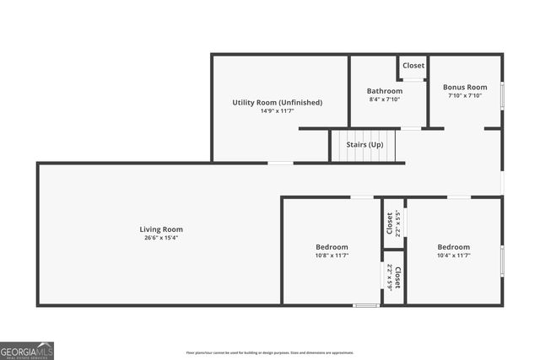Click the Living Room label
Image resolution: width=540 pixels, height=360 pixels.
click(x=161, y=229)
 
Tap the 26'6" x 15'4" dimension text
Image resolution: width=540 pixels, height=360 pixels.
click(x=161, y=238)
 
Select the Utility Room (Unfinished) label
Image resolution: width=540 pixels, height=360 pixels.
click(x=278, y=103)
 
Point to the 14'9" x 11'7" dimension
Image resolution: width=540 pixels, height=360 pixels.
click(x=278, y=111)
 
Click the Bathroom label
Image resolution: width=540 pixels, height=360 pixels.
click(x=384, y=91)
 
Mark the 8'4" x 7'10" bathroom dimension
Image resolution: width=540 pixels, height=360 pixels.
click(x=384, y=99)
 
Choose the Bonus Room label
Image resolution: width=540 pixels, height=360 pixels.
click(x=466, y=87)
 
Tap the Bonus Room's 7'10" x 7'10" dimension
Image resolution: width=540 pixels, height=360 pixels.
click(x=466, y=95)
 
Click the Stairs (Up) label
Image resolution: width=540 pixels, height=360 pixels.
click(x=365, y=145)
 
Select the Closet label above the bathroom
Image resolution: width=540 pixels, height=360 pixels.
click(x=413, y=66)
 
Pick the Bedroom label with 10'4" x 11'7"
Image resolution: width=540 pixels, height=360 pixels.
click(x=454, y=246)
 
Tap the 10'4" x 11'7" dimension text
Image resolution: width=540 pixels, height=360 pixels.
click(x=454, y=255)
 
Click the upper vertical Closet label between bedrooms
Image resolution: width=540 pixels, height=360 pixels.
click(x=390, y=223)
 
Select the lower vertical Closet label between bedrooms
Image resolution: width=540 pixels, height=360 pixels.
click(x=397, y=277)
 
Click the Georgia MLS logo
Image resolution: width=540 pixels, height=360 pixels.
click(x=27, y=350)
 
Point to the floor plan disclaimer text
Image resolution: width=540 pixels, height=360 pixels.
click(x=270, y=352)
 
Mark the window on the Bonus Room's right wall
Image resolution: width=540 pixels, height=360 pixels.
click(x=502, y=94)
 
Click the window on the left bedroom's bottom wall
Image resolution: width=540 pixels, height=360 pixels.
click(x=365, y=304)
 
